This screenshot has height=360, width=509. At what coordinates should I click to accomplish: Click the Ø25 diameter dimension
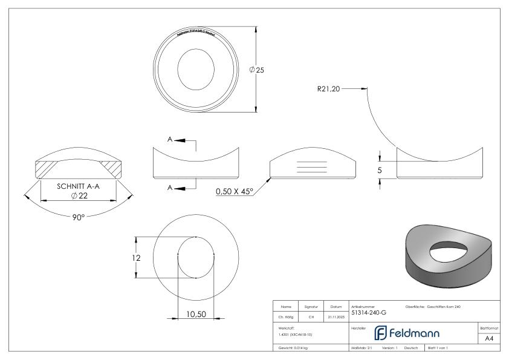[x=257, y=70]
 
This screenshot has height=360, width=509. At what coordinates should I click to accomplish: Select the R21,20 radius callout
[x=329, y=88]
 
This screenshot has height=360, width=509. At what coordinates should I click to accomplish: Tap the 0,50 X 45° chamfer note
[x=233, y=192]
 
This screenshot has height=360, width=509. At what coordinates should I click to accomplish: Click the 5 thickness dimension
[x=380, y=171]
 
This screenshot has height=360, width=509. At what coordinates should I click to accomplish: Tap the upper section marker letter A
[x=170, y=140]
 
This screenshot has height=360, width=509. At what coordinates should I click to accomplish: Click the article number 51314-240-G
[x=369, y=313]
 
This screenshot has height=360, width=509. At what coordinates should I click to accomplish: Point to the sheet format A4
[x=489, y=339]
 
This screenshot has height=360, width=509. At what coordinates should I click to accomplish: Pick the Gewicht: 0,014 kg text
[x=293, y=349]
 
